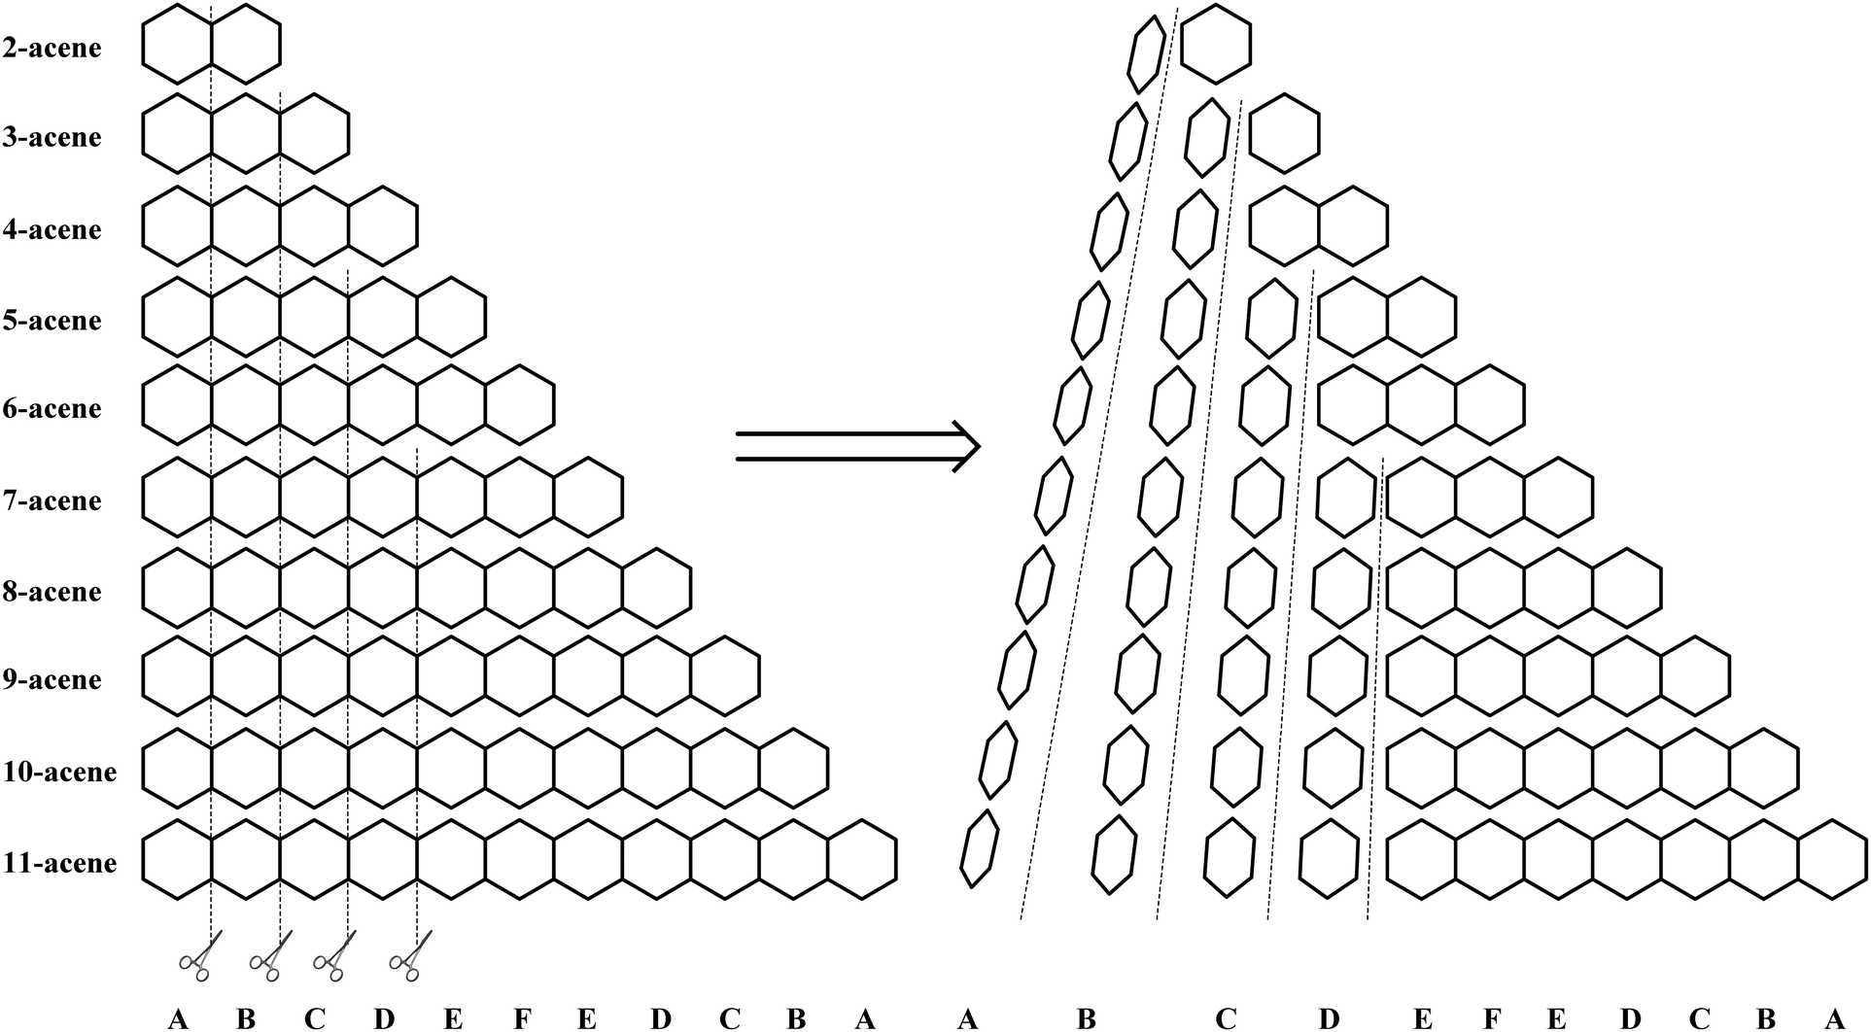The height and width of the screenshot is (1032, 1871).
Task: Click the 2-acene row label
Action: [52, 47]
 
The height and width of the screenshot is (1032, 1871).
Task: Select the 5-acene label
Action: [52, 321]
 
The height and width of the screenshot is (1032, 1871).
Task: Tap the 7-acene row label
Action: [52, 500]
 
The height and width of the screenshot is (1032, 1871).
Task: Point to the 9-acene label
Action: [52, 679]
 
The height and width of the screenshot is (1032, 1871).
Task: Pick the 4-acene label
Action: [52, 229]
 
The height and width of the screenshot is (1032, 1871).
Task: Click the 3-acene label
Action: [52, 137]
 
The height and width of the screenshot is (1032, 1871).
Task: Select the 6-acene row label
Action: [52, 408]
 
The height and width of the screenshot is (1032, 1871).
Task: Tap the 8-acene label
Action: [52, 592]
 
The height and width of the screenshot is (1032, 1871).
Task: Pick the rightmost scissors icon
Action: [410, 956]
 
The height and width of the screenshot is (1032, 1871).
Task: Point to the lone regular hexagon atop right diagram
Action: [1216, 45]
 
